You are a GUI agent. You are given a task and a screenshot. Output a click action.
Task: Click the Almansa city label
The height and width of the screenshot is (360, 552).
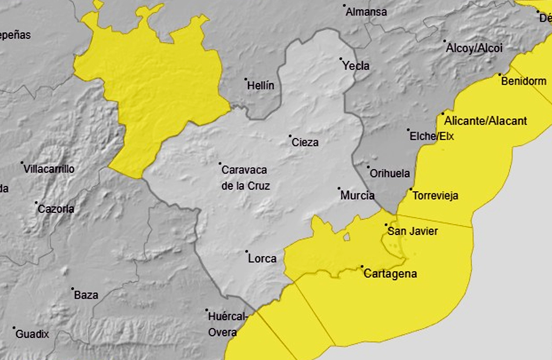[366, 12]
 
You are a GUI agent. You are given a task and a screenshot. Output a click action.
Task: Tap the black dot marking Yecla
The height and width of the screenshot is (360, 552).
[341, 59]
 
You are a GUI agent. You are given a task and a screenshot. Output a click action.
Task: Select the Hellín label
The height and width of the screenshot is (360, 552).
[261, 86]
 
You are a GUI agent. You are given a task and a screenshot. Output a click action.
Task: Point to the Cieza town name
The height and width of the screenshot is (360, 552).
[305, 143]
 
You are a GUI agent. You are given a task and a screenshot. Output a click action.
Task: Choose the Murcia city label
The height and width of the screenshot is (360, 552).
[357, 196]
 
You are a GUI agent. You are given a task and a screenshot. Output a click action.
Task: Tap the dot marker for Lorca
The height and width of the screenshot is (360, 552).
[246, 252]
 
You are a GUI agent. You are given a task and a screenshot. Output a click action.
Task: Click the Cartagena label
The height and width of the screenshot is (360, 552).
[390, 274]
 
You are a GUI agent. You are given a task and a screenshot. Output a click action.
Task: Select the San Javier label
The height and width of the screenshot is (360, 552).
[413, 232]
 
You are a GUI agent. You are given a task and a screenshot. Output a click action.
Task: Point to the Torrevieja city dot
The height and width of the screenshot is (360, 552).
[411, 189]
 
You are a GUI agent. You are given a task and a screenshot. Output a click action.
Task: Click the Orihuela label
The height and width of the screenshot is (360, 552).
[390, 174]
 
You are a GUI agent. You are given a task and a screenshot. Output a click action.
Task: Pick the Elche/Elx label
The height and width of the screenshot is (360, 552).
[432, 136]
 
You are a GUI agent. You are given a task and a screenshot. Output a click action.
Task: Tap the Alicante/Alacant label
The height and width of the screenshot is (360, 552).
[486, 121]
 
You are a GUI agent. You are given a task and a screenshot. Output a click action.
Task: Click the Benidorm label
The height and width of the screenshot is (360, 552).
[523, 82]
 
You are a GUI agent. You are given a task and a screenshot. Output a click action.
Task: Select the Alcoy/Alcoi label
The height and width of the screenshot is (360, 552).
[474, 49]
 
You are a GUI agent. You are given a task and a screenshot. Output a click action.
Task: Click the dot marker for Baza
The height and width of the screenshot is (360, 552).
[73, 288]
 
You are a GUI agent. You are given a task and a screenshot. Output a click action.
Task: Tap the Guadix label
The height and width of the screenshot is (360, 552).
[32, 334]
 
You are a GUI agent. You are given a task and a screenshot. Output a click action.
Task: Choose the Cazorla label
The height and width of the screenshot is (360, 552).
[56, 209]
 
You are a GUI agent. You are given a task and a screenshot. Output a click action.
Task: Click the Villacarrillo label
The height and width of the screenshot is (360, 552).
[49, 169]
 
